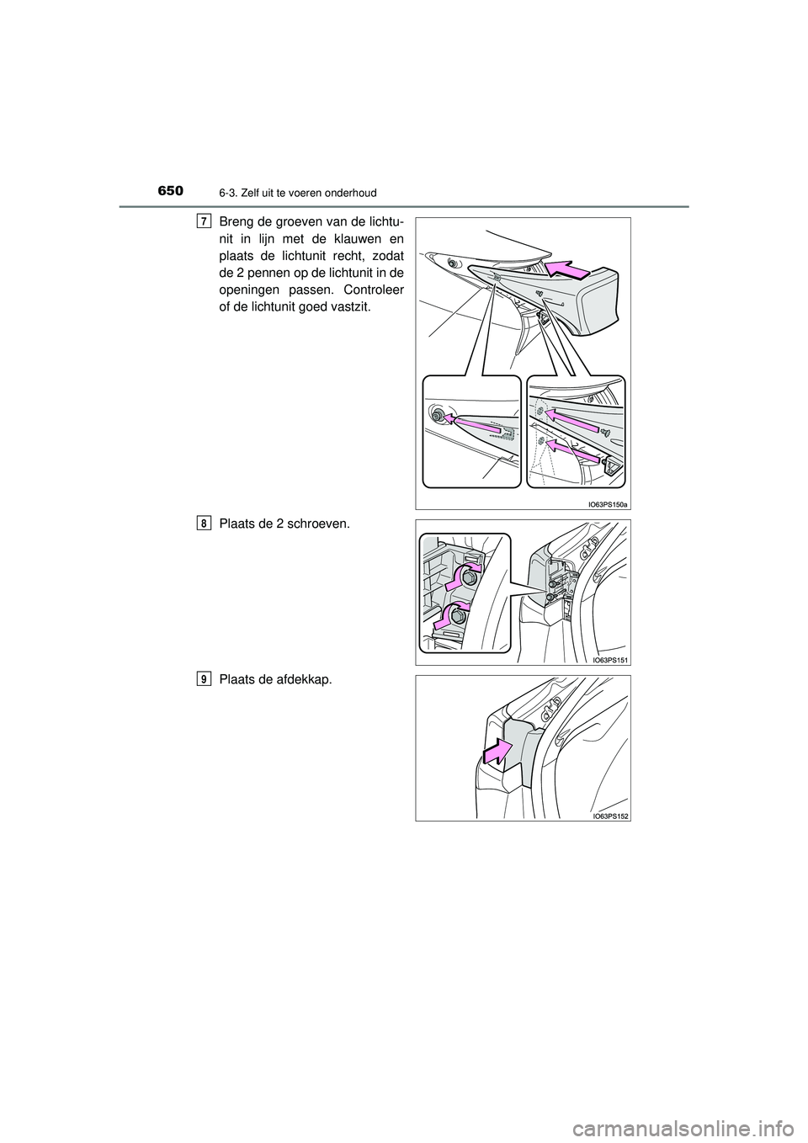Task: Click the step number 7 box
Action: pyautogui.click(x=205, y=221)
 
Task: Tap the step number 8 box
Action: pyautogui.click(x=205, y=524)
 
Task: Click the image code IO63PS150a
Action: pyautogui.click(x=605, y=504)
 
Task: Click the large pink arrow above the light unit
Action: pyautogui.click(x=568, y=269)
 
